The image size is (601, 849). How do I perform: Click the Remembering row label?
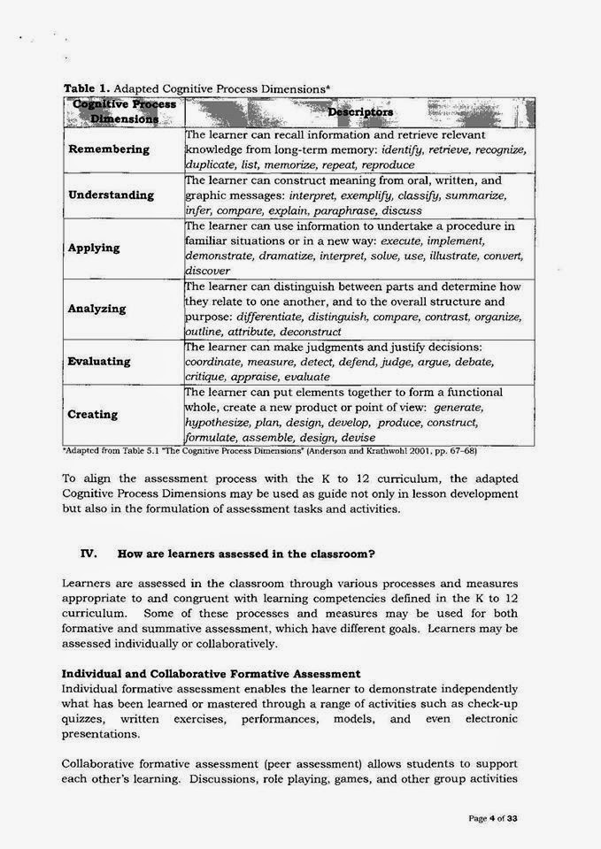(x=109, y=149)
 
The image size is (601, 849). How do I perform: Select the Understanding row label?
(x=111, y=195)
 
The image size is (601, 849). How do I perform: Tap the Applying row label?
(x=94, y=248)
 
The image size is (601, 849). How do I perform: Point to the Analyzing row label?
(x=96, y=309)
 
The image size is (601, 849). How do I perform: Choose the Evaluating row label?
(x=99, y=361)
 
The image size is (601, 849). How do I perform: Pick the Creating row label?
(x=93, y=414)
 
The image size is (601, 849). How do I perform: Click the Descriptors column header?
(x=360, y=112)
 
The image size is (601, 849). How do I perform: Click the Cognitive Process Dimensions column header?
(x=123, y=111)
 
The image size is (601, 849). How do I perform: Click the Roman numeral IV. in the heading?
(x=88, y=554)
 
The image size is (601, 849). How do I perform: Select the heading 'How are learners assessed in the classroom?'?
(x=247, y=554)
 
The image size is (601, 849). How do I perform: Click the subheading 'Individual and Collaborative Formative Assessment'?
(x=212, y=675)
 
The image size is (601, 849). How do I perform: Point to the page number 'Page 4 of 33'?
(x=492, y=819)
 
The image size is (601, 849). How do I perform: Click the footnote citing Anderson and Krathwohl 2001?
(x=270, y=450)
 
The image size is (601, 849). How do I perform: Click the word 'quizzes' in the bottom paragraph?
(x=84, y=719)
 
